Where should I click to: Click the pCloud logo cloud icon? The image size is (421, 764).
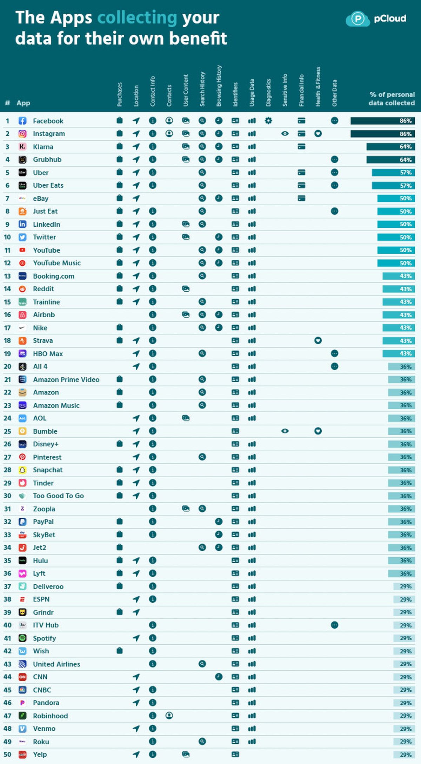click(x=357, y=19)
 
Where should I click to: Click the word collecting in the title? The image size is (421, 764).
click(x=137, y=18)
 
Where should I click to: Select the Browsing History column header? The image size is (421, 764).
click(x=219, y=86)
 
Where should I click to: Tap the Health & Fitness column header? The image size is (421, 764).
click(x=318, y=87)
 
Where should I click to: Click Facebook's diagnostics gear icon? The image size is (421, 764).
click(x=268, y=121)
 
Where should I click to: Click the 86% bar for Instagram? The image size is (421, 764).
click(x=382, y=134)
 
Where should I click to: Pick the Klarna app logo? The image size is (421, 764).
click(x=22, y=147)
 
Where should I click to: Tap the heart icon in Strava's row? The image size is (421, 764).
click(x=318, y=340)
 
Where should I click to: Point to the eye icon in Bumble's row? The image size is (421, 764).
click(x=285, y=431)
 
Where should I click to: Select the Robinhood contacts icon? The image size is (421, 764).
click(x=169, y=715)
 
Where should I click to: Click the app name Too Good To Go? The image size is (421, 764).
click(x=58, y=496)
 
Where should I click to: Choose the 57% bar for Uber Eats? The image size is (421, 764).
click(x=393, y=185)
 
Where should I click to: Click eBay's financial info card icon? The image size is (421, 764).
click(x=301, y=198)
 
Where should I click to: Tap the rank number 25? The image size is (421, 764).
click(x=7, y=431)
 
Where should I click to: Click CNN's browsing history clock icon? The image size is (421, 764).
click(x=219, y=676)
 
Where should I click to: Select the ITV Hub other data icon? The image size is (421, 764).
click(x=334, y=625)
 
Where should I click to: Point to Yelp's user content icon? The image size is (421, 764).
click(x=186, y=754)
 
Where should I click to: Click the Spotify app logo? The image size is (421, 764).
click(x=22, y=638)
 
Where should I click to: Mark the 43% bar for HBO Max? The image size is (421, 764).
click(x=399, y=353)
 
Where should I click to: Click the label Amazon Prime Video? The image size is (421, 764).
click(x=66, y=379)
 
